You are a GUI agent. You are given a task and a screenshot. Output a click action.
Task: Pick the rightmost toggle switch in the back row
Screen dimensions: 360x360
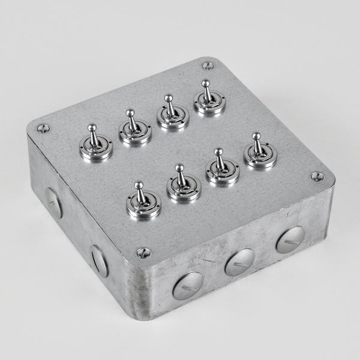[x=209, y=100]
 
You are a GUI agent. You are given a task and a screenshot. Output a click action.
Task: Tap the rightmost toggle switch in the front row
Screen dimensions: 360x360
[x=260, y=153]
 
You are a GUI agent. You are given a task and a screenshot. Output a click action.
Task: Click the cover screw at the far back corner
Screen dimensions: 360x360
[x=208, y=65]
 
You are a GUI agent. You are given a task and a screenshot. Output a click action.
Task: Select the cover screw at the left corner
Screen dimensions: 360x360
[x=43, y=128]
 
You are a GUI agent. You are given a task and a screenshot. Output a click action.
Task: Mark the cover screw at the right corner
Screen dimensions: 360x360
[x=317, y=176]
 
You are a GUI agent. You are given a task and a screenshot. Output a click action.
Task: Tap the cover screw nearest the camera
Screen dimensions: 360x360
[x=143, y=253]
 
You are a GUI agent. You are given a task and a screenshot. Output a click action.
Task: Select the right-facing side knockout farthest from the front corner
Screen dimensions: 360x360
[x=290, y=239]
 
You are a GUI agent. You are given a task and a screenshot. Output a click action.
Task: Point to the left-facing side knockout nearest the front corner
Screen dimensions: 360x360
[x=99, y=261]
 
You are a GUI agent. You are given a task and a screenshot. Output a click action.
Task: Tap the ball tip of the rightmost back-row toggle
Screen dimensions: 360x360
[x=206, y=83]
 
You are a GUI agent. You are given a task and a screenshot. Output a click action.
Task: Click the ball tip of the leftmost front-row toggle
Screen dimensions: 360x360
[x=139, y=185]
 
